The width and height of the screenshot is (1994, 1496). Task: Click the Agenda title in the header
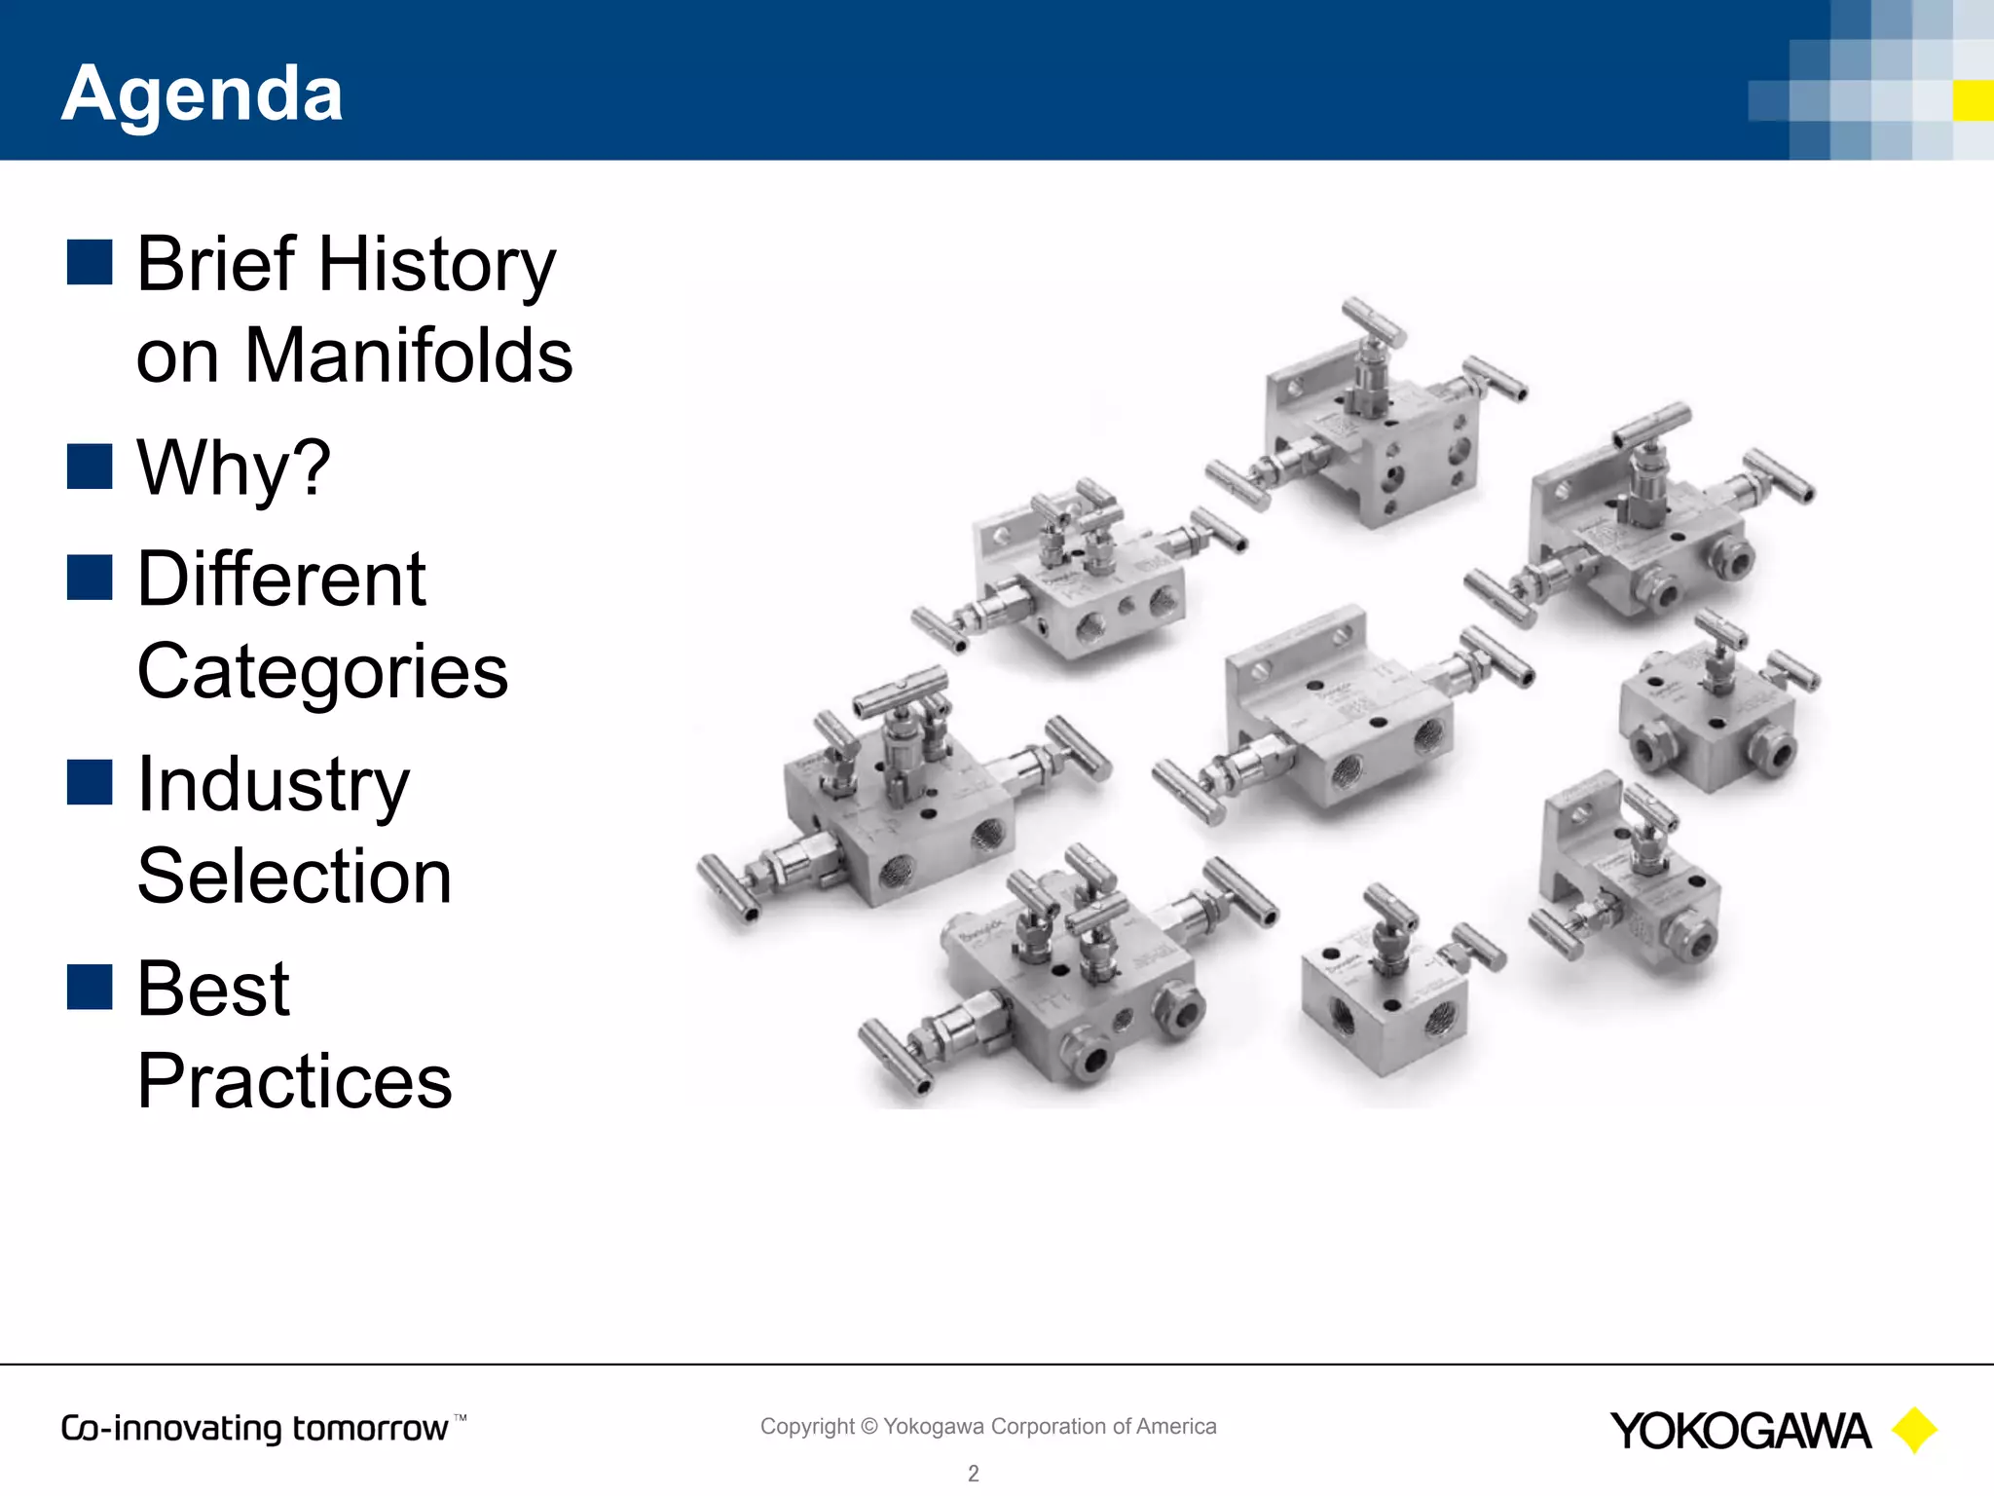coord(202,93)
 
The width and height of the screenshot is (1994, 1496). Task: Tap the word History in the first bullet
coord(437,265)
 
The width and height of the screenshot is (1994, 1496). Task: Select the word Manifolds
coord(408,356)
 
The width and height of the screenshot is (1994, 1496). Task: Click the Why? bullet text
coord(234,467)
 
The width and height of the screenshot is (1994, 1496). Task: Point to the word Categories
coord(322,672)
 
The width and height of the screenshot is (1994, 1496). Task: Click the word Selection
coord(294,877)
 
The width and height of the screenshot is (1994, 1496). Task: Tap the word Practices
coord(294,1081)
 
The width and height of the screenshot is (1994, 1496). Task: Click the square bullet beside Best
coord(90,987)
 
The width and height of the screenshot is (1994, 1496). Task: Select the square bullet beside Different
coord(90,578)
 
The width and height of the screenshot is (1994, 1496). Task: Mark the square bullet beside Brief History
coord(90,262)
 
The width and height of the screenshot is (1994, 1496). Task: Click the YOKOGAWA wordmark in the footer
coord(1740,1431)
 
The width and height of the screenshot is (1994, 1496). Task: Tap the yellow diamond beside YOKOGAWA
coord(1914,1430)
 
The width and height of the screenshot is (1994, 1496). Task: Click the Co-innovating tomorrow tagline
coord(255,1429)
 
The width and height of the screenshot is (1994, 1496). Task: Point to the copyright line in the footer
coord(988,1426)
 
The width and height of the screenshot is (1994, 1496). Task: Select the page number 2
coord(973,1474)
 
